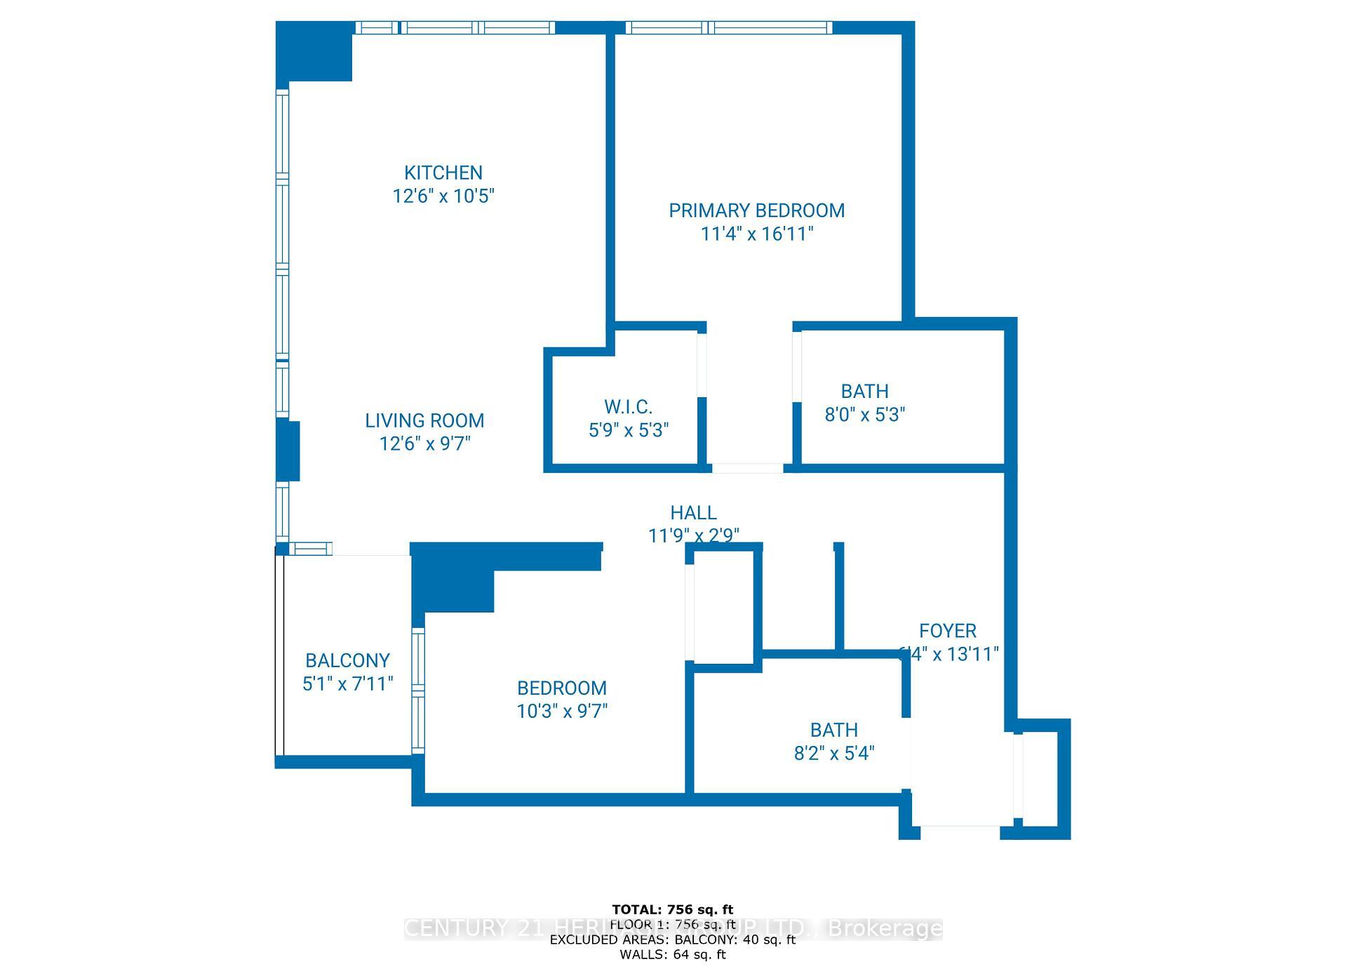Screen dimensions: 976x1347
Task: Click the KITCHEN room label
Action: pos(443,173)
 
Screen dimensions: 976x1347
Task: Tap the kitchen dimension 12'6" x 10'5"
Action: pos(443,196)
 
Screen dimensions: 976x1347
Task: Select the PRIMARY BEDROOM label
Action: pos(756,210)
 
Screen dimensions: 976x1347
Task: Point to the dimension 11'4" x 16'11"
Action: pos(756,234)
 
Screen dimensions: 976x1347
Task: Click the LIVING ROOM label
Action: pos(424,420)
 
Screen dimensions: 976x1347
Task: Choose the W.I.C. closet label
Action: pos(628,407)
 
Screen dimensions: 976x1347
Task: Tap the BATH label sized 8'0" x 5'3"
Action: pos(864,392)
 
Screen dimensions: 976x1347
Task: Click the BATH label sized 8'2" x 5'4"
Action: pos(833,730)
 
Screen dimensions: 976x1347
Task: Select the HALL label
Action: pos(693,513)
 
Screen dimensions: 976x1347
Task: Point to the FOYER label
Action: pos(947,631)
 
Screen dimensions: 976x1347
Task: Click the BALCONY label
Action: pos(347,660)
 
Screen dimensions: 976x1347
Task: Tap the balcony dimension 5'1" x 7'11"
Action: pos(347,683)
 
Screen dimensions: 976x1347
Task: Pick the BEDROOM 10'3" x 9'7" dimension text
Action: pos(561,711)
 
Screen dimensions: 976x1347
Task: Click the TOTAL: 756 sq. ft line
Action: pos(672,910)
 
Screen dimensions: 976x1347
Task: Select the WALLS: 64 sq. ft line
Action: pos(672,954)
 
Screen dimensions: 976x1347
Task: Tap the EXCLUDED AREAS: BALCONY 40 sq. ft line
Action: pos(672,940)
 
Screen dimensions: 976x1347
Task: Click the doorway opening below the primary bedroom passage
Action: pos(747,468)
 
